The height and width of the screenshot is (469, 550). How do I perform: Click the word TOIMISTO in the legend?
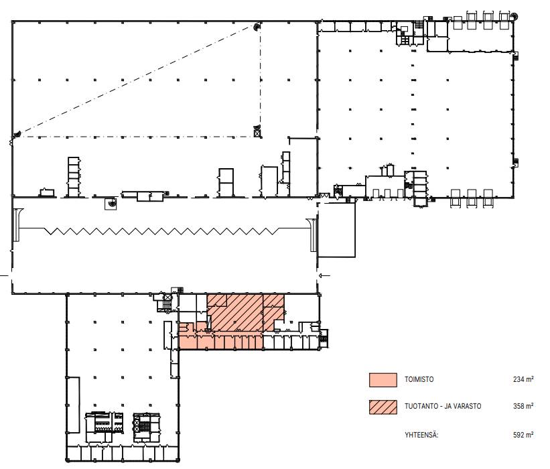(x=419, y=379)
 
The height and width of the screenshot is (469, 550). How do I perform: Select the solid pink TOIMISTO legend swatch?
(x=383, y=380)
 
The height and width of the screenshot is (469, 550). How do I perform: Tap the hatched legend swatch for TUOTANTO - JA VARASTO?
(x=383, y=407)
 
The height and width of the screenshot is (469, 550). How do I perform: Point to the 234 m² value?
(x=523, y=379)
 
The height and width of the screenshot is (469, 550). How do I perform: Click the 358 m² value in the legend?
(x=523, y=406)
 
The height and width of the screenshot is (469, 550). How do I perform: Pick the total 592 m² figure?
(x=523, y=435)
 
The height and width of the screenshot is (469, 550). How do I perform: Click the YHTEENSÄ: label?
(x=421, y=435)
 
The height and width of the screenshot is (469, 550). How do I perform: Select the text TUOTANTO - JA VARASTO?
(x=443, y=407)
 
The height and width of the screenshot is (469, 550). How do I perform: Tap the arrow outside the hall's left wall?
(x=4, y=276)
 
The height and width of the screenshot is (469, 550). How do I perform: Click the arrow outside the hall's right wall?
(x=324, y=276)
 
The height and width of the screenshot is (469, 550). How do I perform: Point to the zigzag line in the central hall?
(x=162, y=231)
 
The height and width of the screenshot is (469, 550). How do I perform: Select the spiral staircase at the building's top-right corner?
(x=514, y=16)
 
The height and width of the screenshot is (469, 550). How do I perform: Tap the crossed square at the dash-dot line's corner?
(x=257, y=133)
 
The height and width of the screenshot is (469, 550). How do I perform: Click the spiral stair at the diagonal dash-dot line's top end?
(x=257, y=26)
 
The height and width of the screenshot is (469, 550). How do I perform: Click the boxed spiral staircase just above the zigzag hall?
(x=111, y=204)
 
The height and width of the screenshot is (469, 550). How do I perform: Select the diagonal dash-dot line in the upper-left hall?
(x=135, y=80)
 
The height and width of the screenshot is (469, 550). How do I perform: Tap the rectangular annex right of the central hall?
(x=336, y=230)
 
